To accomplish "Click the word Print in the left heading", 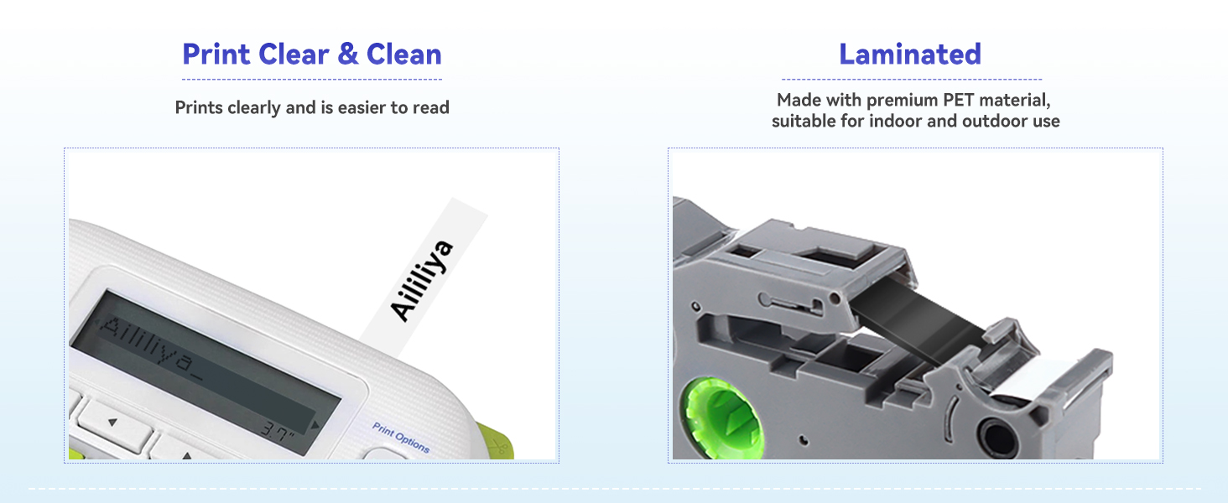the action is pyautogui.click(x=216, y=54).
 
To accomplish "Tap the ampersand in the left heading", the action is pyautogui.click(x=348, y=54).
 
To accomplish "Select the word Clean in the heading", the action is pyautogui.click(x=404, y=54).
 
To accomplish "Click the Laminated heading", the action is pyautogui.click(x=910, y=54).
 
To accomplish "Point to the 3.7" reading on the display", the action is pyautogui.click(x=278, y=431).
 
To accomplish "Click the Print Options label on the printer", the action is pyautogui.click(x=401, y=438).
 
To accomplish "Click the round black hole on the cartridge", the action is pyautogui.click(x=999, y=438).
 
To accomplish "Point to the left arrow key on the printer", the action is pyautogui.click(x=112, y=423).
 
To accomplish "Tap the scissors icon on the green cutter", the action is pyautogui.click(x=499, y=447).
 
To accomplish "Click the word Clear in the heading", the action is pyautogui.click(x=294, y=54).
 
